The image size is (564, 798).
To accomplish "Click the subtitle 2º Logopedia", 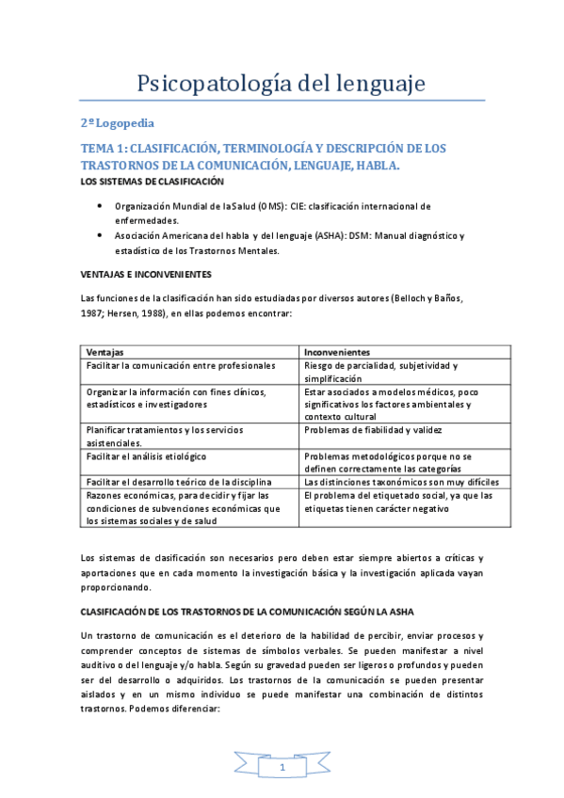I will tap(117, 123).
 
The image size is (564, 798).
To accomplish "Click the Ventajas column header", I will tap(105, 351).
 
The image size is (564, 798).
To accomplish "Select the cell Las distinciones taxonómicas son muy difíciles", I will tap(400, 482).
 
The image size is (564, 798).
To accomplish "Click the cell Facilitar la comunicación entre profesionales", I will tap(180, 365).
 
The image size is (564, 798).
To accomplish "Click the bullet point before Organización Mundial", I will tap(102, 205).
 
